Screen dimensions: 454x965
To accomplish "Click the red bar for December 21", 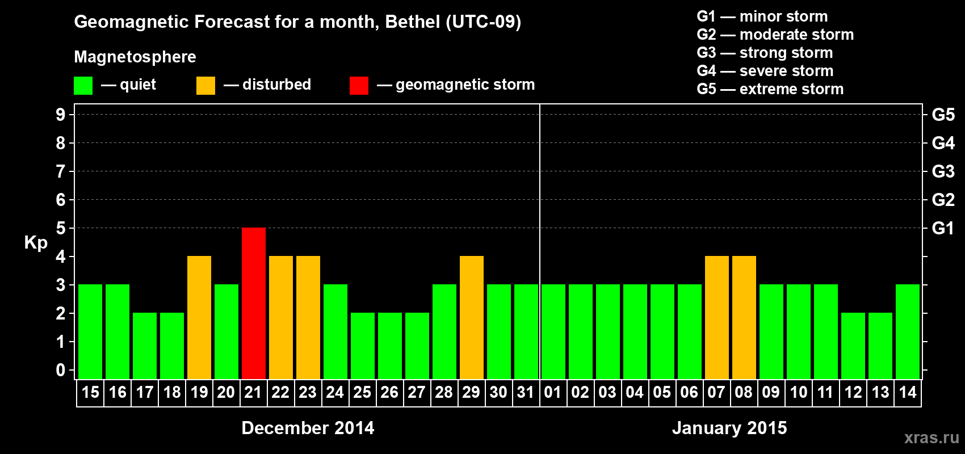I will [x=254, y=303].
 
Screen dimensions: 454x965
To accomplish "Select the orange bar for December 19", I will [x=199, y=317].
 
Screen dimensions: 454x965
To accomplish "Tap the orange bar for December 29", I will [x=472, y=317].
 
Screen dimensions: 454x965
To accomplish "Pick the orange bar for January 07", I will [x=717, y=317].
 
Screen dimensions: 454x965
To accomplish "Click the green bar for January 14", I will [x=908, y=331].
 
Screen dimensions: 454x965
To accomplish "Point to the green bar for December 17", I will [x=145, y=346].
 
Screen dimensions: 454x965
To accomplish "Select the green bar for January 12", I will [x=853, y=346].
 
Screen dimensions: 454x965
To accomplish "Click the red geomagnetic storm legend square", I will [x=359, y=86].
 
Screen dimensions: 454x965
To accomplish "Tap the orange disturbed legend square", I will [x=205, y=86].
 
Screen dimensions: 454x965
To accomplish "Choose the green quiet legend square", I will [x=83, y=86].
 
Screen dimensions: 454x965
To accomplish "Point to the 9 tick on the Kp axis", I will [x=61, y=115].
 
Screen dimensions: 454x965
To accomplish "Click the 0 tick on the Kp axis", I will [x=61, y=371].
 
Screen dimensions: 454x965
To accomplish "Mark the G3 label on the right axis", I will [x=943, y=171].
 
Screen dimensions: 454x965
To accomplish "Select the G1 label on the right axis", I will [x=943, y=228].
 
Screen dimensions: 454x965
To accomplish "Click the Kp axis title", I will [x=36, y=243].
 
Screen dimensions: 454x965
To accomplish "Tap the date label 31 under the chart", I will [x=526, y=393].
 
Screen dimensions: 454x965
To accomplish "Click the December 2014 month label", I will [x=308, y=428].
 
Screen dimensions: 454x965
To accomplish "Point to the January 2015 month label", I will [x=729, y=428].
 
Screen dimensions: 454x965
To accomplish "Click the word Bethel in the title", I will [x=413, y=22].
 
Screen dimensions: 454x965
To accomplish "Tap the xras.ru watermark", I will [x=932, y=438].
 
